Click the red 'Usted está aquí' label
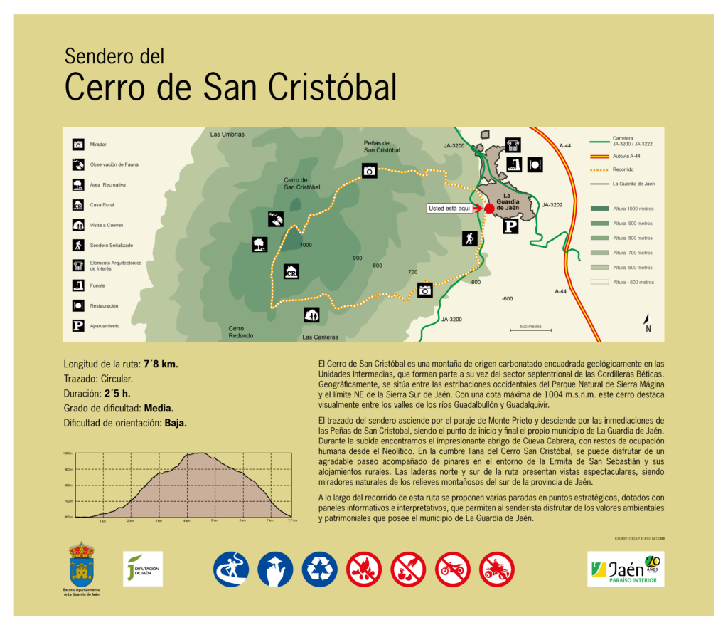[x=449, y=208]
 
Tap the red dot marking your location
[x=489, y=208]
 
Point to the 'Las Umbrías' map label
[x=227, y=135]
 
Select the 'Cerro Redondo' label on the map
[x=236, y=332]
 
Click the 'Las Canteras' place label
[x=320, y=337]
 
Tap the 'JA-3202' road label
[x=552, y=205]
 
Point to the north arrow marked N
[x=647, y=323]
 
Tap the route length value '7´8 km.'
[x=161, y=364]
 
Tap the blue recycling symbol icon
[x=320, y=569]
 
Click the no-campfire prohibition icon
[x=364, y=569]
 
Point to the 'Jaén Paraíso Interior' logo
[x=626, y=569]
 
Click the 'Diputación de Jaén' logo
[x=143, y=569]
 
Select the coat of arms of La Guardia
[x=81, y=564]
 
